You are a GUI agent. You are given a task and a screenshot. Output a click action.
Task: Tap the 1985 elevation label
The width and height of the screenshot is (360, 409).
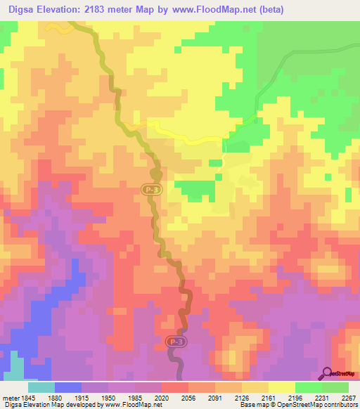[x=143, y=397]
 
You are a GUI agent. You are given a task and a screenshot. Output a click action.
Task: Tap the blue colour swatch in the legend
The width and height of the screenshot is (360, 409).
[x=68, y=387]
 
